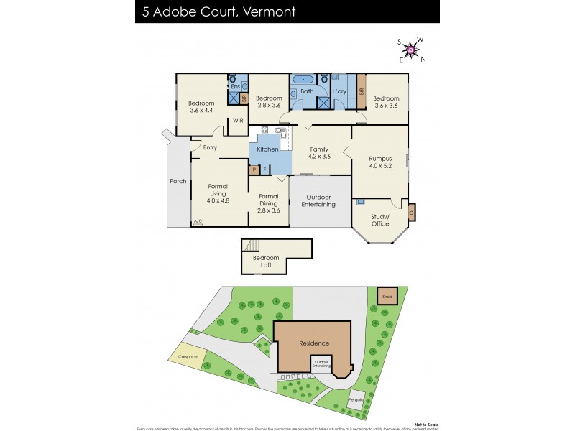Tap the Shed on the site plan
[387, 296]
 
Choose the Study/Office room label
[380, 220]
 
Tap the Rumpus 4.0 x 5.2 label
[379, 162]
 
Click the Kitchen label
[268, 149]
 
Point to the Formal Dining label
[268, 200]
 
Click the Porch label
[178, 181]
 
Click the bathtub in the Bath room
[304, 78]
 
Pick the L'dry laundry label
[340, 92]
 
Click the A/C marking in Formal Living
[198, 222]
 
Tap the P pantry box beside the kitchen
[254, 170]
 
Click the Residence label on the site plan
[314, 343]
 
